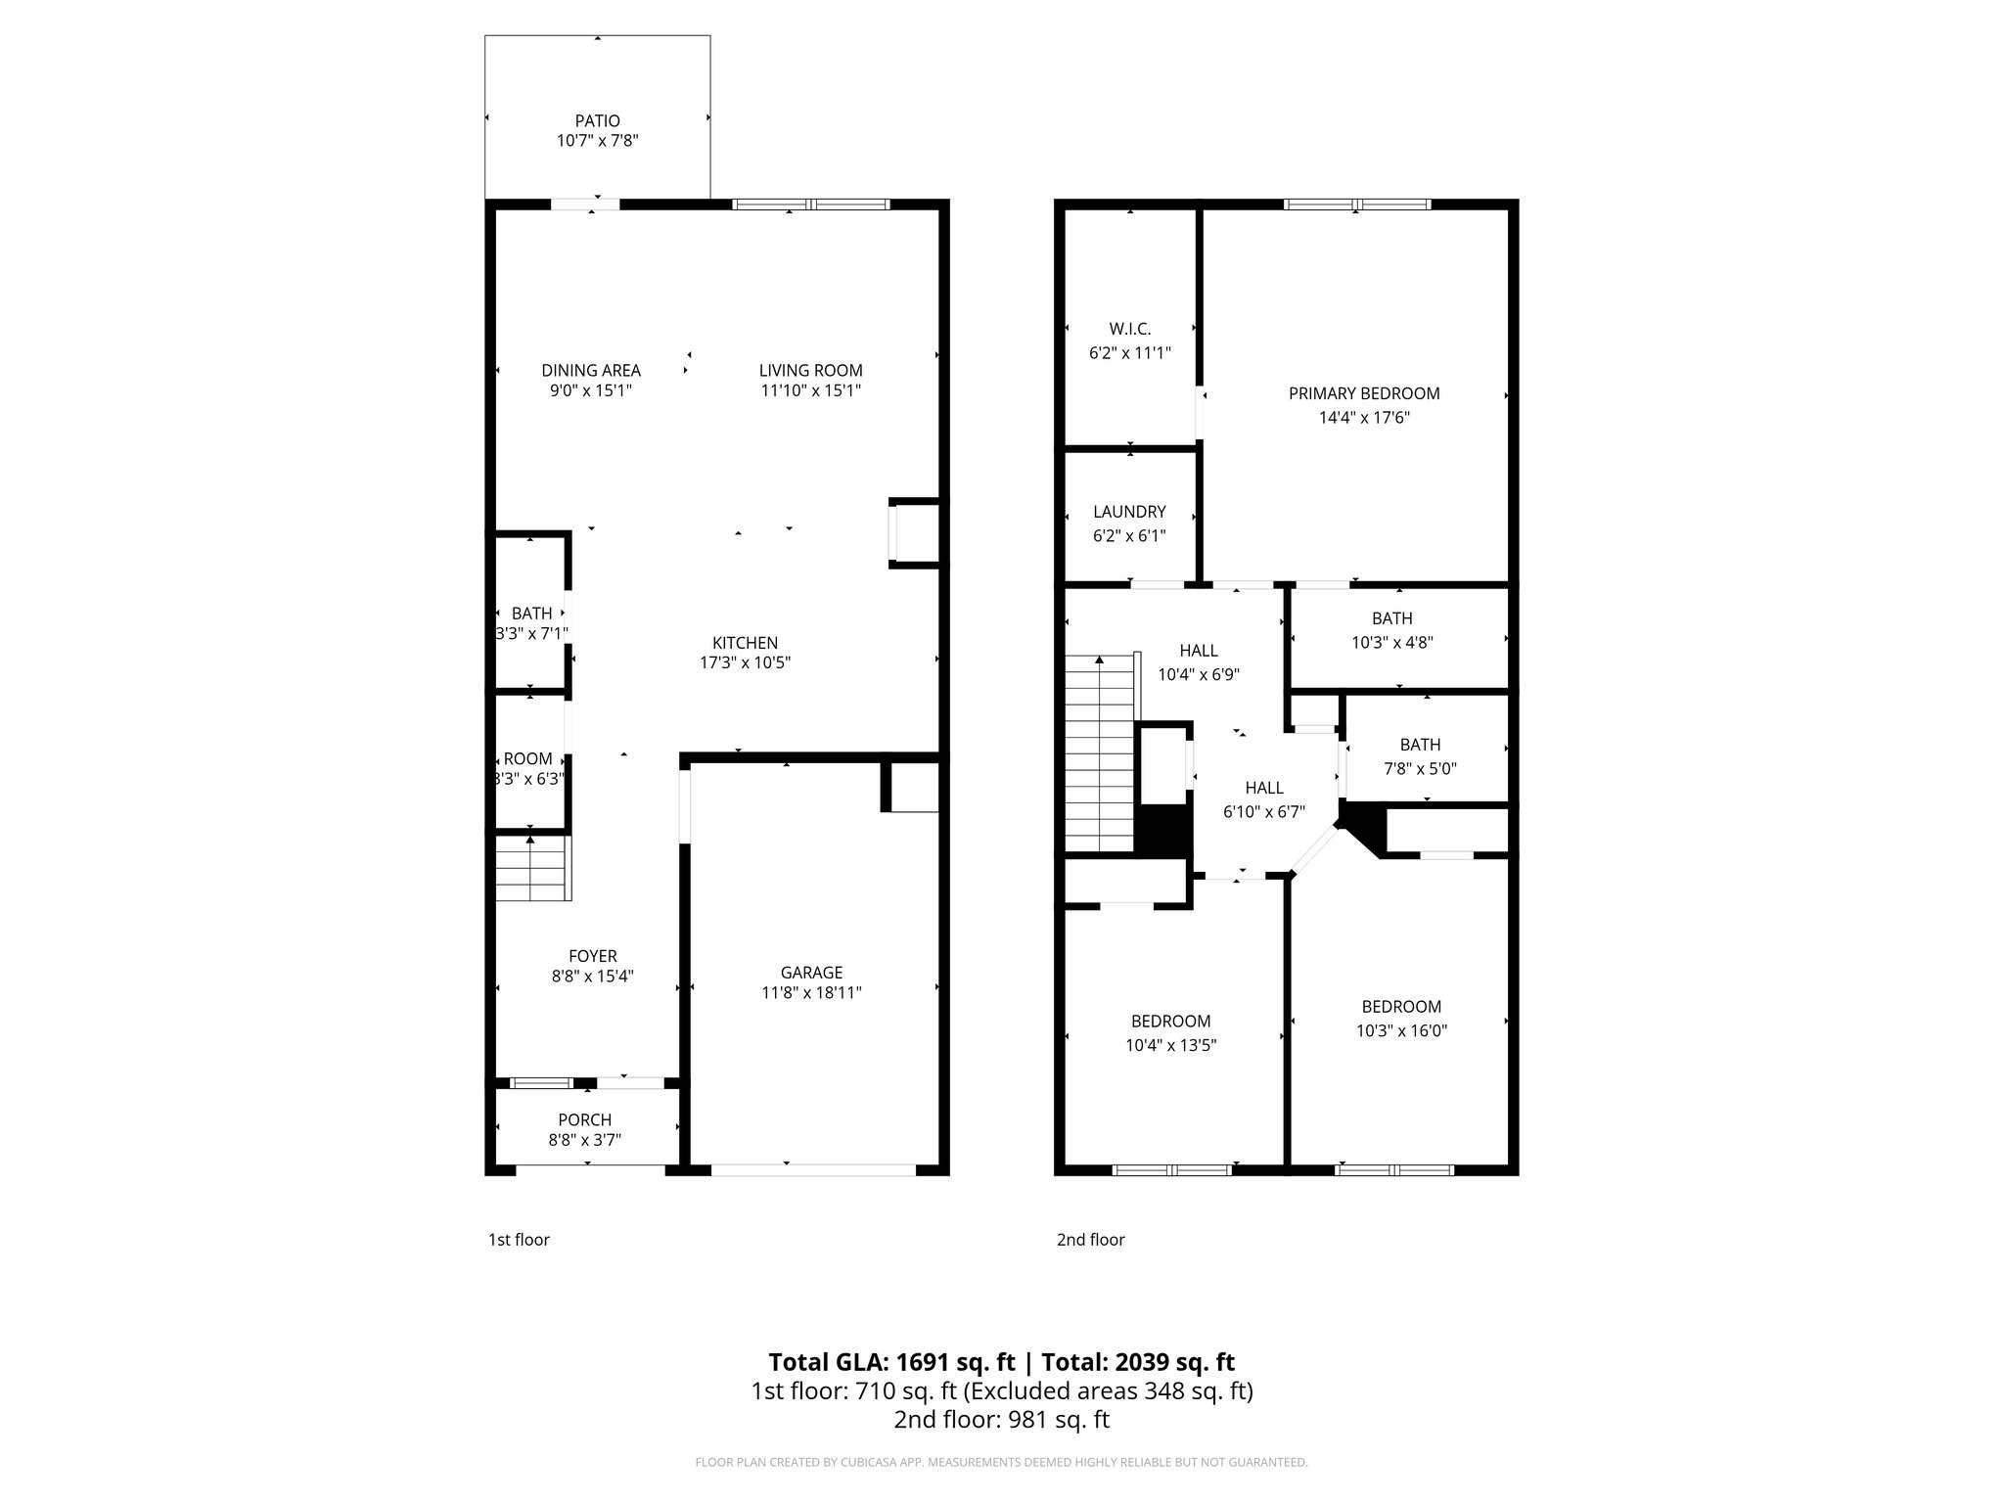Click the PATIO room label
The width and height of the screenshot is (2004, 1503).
[597, 121]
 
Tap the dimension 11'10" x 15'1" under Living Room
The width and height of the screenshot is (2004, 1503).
[810, 390]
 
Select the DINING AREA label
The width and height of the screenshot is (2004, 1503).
[591, 370]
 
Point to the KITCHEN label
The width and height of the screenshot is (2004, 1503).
[745, 643]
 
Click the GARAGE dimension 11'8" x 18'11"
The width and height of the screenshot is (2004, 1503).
[811, 992]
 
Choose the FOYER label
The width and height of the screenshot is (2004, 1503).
[593, 956]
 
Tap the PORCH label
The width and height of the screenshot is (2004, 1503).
[584, 1119]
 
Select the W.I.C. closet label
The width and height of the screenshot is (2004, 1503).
[1129, 330]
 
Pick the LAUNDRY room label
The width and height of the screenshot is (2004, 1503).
[1129, 512]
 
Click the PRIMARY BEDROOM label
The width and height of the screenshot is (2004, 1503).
[1364, 393]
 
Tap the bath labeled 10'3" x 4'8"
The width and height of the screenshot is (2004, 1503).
[1391, 642]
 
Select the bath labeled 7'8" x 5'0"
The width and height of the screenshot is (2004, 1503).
[1420, 768]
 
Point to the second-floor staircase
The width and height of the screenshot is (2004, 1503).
[1100, 753]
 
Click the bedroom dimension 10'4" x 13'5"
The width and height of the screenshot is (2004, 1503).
[1170, 1045]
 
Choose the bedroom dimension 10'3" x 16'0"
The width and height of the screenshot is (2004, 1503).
[1401, 1030]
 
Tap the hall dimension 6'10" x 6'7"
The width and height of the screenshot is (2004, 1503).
[1264, 811]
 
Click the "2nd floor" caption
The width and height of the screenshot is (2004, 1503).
[1090, 1240]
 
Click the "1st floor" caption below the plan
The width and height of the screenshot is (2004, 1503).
[519, 1240]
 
